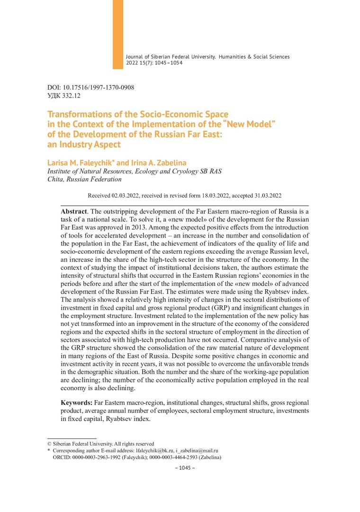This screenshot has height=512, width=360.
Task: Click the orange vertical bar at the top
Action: point(117,34)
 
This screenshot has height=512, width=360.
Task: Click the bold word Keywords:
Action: point(77,402)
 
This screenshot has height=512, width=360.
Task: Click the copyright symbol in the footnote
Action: point(50,444)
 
